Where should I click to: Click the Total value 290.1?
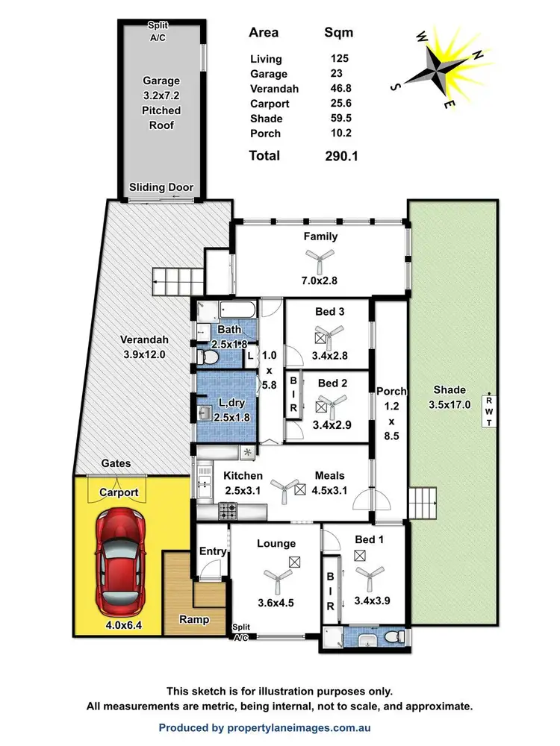341,156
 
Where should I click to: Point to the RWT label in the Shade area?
489,411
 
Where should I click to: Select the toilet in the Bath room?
210,359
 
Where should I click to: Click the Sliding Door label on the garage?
161,187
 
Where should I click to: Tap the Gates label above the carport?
116,463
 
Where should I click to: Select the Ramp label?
193,619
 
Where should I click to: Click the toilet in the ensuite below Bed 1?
398,637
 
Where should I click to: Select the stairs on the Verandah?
178,283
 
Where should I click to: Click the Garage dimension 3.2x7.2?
161,95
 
